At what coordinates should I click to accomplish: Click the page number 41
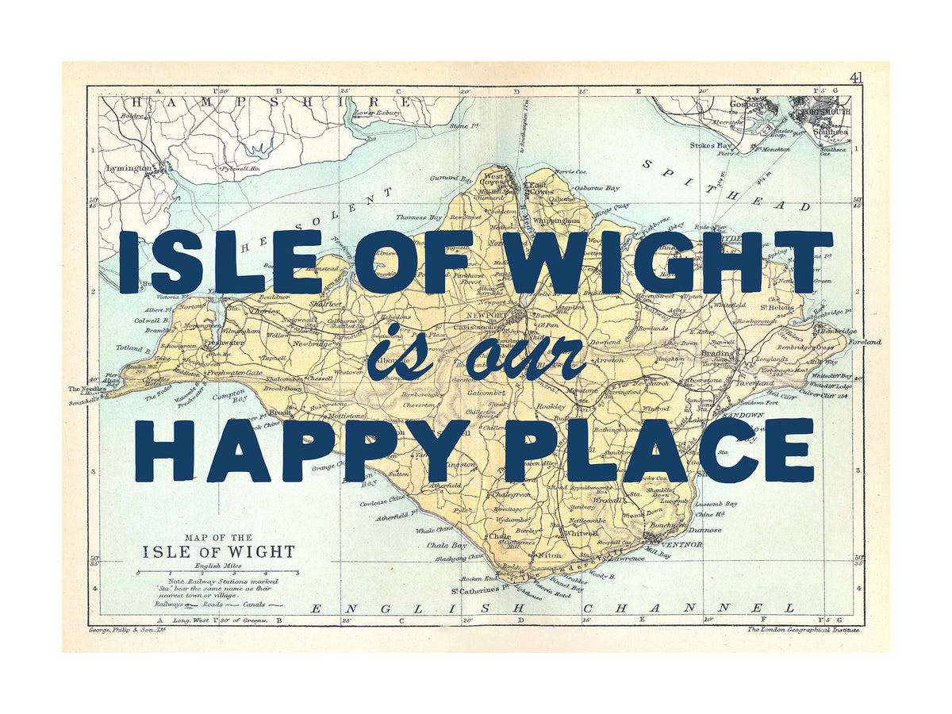pyautogui.click(x=856, y=77)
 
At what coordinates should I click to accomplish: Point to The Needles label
pyautogui.click(x=85, y=389)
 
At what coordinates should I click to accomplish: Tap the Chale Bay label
pyautogui.click(x=447, y=545)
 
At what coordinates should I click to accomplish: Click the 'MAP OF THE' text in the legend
pyautogui.click(x=218, y=537)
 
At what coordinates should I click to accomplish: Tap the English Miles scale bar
pyautogui.click(x=218, y=572)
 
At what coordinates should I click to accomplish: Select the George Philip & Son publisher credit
pyautogui.click(x=122, y=631)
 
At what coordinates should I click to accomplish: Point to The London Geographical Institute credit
pyautogui.click(x=804, y=630)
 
